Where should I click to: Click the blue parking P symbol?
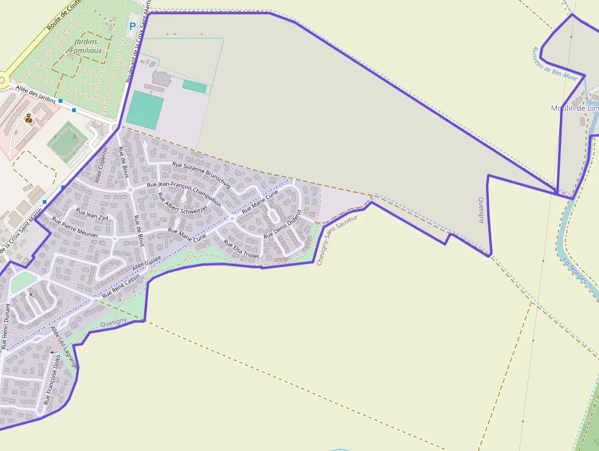[133, 27]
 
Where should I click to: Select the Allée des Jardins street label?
[38, 95]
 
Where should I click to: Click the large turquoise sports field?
[145, 110]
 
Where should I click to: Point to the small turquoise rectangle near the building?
[194, 87]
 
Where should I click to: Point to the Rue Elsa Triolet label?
[241, 249]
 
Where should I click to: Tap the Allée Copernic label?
[101, 165]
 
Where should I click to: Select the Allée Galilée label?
[147, 264]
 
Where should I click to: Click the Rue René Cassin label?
[125, 285]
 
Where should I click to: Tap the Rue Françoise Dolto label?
[51, 379]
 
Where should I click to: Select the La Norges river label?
[574, 269]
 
